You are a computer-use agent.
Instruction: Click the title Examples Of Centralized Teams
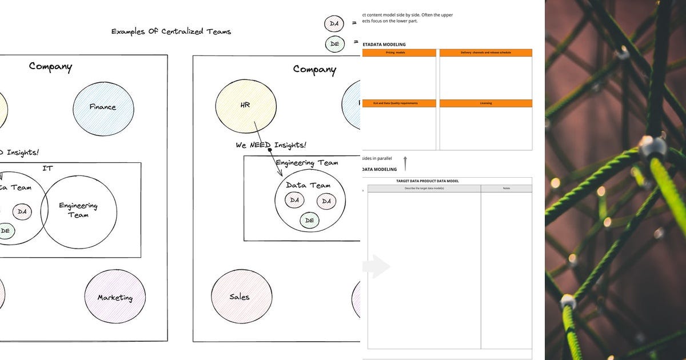pyautogui.click(x=171, y=31)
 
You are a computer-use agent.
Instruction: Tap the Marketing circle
pyautogui.click(x=114, y=297)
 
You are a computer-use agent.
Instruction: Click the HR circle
pyautogui.click(x=245, y=105)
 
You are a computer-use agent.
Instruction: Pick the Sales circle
pyautogui.click(x=240, y=297)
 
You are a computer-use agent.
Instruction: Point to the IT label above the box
pyautogui.click(x=48, y=169)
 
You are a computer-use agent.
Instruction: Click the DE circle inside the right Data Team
pyautogui.click(x=309, y=220)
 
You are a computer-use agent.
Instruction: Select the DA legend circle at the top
pyautogui.click(x=334, y=23)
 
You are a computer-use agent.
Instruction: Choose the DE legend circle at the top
pyautogui.click(x=334, y=43)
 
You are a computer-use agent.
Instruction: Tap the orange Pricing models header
pyautogui.click(x=398, y=53)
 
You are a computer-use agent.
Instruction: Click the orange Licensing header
pyautogui.click(x=485, y=103)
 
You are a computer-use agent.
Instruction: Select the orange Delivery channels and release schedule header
pyautogui.click(x=485, y=53)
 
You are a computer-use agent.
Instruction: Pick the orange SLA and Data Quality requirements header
pyautogui.click(x=398, y=103)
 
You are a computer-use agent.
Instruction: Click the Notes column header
pyautogui.click(x=506, y=189)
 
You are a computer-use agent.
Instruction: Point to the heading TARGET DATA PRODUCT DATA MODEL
pyautogui.click(x=428, y=181)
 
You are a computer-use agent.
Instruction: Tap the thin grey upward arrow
pyautogui.click(x=405, y=163)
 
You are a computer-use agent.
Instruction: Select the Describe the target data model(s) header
pyautogui.click(x=424, y=189)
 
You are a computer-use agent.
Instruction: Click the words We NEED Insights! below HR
pyautogui.click(x=271, y=145)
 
